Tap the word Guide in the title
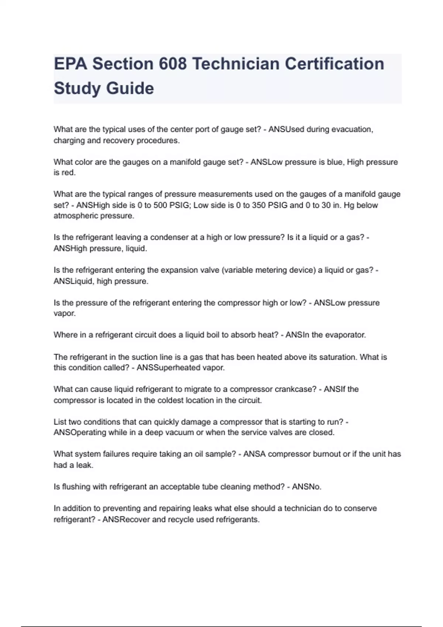(x=130, y=89)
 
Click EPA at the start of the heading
(x=71, y=64)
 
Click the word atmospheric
(x=75, y=216)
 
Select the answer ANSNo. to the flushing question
(x=306, y=487)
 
